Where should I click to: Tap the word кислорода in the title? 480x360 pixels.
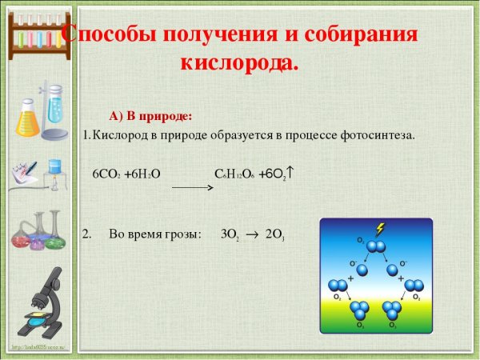pos(239,62)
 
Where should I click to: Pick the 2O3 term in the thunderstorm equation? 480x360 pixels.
pos(275,235)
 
